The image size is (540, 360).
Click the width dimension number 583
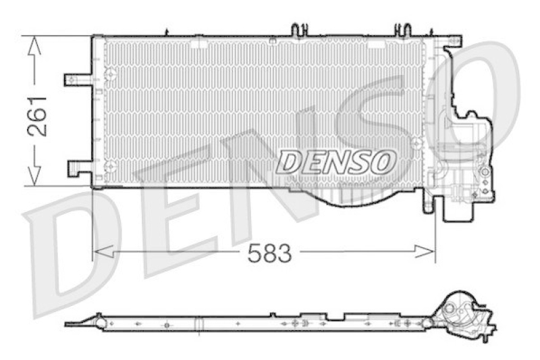[x=269, y=253]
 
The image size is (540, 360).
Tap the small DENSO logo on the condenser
[x=335, y=162]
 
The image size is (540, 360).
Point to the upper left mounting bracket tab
[x=76, y=80]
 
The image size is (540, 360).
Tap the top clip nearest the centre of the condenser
[x=298, y=30]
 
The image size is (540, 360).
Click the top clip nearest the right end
[x=402, y=30]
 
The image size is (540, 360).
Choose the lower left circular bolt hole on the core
[x=111, y=165]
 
